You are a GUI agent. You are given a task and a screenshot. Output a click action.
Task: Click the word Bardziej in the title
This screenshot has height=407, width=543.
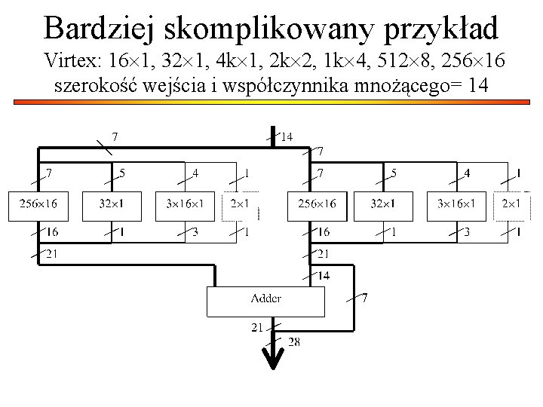pyautogui.click(x=96, y=29)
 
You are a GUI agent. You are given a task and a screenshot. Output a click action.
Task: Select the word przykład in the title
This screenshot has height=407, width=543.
pyautogui.click(x=442, y=29)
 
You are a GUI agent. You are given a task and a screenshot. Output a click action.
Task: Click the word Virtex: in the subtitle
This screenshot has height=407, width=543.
pyautogui.click(x=72, y=60)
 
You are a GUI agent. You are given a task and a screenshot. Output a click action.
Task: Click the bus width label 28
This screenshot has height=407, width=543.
pyautogui.click(x=294, y=342)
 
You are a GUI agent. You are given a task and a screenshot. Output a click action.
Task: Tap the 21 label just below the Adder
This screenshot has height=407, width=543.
pyautogui.click(x=258, y=327)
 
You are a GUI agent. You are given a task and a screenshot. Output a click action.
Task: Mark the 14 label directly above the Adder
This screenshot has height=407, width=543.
pyautogui.click(x=322, y=276)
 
